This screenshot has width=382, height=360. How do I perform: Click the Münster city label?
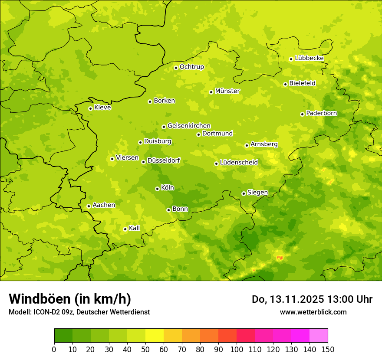click(227, 91)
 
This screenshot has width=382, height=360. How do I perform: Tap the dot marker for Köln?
click(157, 189)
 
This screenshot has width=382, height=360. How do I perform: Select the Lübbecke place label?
click(309, 58)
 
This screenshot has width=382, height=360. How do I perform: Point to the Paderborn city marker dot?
click(302, 114)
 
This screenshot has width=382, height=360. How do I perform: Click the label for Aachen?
click(104, 205)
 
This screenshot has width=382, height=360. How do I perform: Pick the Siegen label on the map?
click(257, 193)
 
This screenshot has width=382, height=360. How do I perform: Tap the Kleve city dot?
click(90, 108)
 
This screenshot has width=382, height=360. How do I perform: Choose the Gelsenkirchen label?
click(189, 126)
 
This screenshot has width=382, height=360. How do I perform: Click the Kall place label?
click(135, 228)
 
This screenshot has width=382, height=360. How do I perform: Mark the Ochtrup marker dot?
click(176, 68)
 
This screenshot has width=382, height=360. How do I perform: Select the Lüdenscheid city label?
click(239, 163)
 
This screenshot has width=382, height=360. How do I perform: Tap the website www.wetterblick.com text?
click(313, 312)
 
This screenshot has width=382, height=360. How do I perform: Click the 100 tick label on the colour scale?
click(237, 350)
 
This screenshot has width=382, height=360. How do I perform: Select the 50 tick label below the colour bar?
click(145, 350)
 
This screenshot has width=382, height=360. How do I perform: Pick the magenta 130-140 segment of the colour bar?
click(300, 335)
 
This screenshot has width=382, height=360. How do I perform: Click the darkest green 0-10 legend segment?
click(63, 335)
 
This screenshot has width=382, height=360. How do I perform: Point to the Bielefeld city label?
click(302, 83)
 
